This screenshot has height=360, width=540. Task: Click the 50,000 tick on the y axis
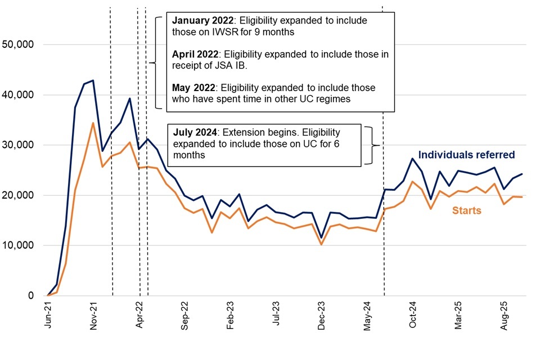19,44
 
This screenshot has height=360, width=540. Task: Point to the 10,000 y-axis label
19,245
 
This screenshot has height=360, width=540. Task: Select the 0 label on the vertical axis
31,295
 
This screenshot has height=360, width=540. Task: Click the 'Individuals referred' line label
467,155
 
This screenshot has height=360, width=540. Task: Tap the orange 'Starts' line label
466,210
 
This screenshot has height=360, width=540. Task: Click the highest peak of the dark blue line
93,80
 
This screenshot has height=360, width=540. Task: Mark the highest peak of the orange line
93,123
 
